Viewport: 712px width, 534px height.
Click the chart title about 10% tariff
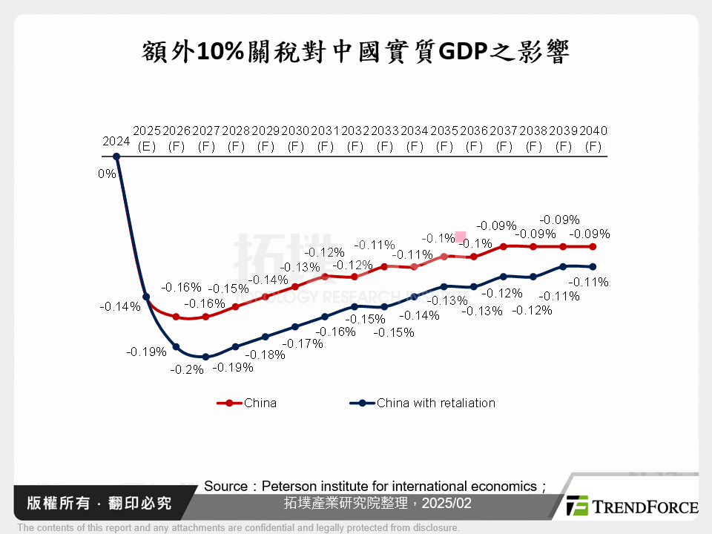(355, 53)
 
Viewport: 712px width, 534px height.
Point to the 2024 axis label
(116, 141)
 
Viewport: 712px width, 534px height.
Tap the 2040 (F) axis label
(593, 138)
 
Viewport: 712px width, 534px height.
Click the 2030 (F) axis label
(295, 138)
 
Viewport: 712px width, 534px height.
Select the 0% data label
(107, 174)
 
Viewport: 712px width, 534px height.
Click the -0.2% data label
(187, 369)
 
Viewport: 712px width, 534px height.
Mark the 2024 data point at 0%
(116, 156)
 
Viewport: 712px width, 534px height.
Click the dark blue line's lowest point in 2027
(205, 357)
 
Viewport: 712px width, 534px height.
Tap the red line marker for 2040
(593, 246)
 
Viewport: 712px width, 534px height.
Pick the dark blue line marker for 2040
(593, 267)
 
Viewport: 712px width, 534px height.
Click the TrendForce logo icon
(577, 506)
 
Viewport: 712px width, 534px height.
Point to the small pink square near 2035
(461, 237)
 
